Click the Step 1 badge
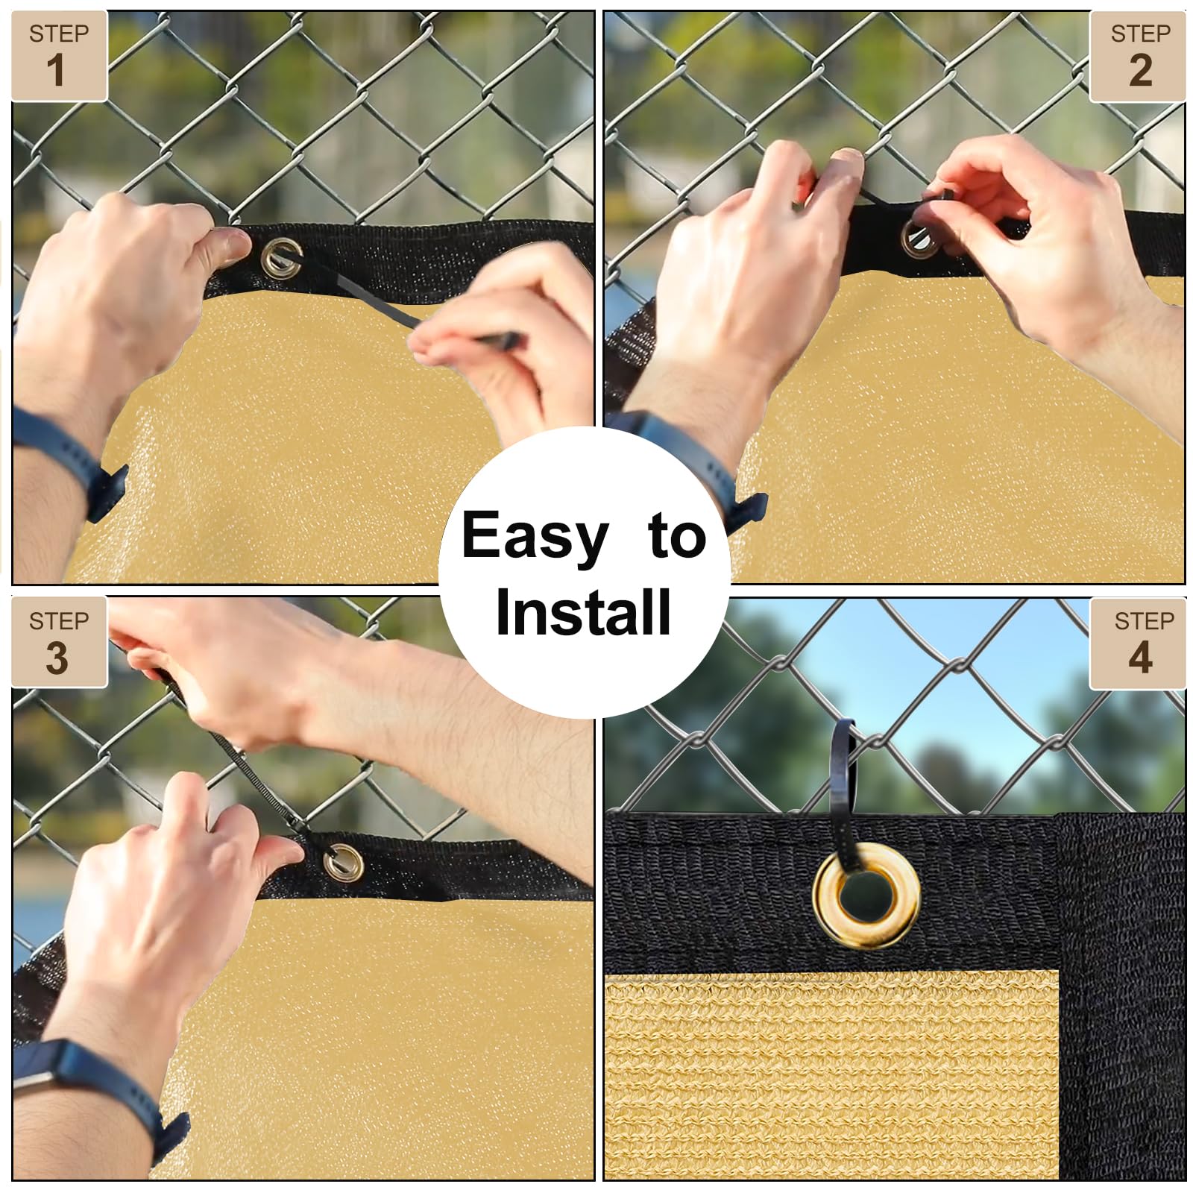(59, 56)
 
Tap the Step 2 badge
(1138, 56)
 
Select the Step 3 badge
(59, 642)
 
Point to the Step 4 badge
(1138, 643)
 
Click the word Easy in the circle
(535, 535)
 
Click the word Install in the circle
(583, 611)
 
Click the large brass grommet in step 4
(866, 901)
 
